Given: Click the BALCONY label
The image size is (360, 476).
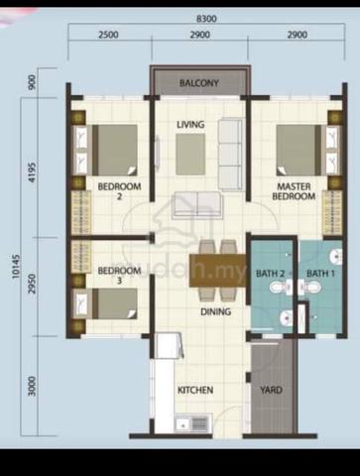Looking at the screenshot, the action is tap(199, 83).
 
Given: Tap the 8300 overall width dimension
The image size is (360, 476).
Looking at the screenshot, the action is tap(206, 19).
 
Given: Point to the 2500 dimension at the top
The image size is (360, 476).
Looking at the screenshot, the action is tap(108, 35).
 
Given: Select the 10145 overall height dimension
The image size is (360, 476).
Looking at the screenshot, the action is tap(16, 266).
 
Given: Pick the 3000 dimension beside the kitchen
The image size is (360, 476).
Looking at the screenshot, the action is tap(33, 386).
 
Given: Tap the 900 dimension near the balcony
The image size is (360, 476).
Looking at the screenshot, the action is tap(33, 82).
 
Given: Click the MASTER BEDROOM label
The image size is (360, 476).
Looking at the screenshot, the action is tap(294, 191).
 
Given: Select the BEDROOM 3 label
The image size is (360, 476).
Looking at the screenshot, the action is tap(119, 276).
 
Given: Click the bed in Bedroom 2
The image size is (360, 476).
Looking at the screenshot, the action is tap(105, 150).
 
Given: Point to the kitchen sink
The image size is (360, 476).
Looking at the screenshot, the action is tap(191, 422).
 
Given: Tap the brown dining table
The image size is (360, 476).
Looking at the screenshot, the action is tap(218, 271).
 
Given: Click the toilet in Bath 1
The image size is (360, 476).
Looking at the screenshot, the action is tap(311, 287).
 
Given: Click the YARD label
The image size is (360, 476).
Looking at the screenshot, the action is tap(271, 391).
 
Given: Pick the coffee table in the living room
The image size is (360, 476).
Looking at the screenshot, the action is tap(190, 154).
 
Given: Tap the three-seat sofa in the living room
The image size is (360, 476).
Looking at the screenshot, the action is tap(230, 154).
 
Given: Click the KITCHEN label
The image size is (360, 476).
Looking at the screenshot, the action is tap(195, 390).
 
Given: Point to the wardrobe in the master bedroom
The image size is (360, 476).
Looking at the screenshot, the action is tap(332, 212).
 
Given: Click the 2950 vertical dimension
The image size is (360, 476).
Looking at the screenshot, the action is tap(33, 286).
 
